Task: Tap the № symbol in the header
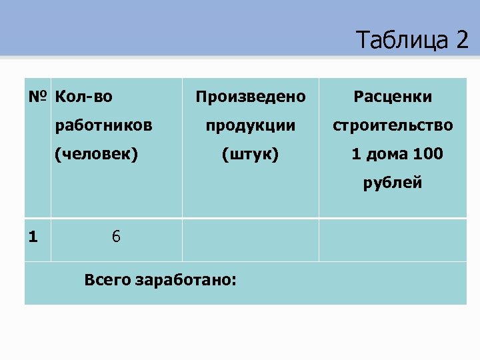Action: [37, 97]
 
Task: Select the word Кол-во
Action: [84, 97]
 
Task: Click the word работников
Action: [103, 125]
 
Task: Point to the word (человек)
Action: [97, 154]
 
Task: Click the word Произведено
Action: [251, 97]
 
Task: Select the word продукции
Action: [251, 125]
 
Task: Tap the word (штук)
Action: [251, 154]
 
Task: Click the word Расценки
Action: [393, 97]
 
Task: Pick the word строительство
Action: [393, 125]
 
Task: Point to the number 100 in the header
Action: [427, 154]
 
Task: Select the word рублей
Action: [393, 183]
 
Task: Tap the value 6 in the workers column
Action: [116, 237]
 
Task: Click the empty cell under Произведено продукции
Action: [251, 239]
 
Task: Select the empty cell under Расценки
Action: [393, 239]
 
